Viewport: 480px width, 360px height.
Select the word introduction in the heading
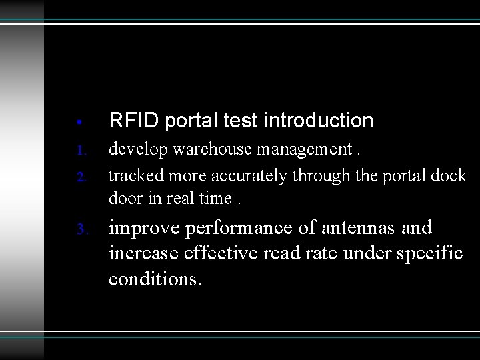tap(319, 121)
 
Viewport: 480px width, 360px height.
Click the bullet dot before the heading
tap(79, 123)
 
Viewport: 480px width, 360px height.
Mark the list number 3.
tap(81, 230)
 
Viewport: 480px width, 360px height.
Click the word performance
tap(240, 229)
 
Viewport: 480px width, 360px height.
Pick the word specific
tap(431, 254)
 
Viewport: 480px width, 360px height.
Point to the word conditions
tap(154, 278)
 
